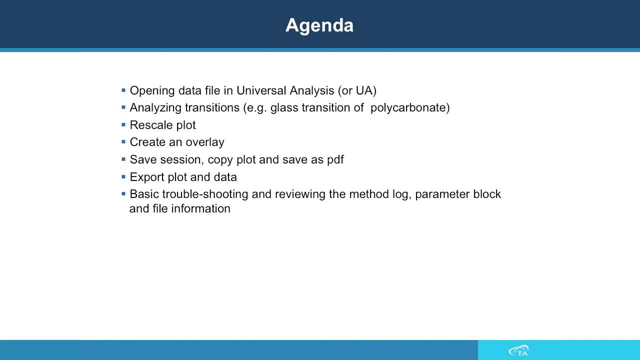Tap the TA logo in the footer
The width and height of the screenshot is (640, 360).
click(x=519, y=350)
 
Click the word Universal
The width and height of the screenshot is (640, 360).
click(x=261, y=90)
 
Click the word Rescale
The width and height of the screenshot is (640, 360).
click(x=151, y=125)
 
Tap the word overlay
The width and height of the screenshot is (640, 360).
click(x=205, y=142)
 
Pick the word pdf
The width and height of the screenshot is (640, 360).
click(x=335, y=159)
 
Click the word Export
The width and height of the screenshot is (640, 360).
click(x=147, y=177)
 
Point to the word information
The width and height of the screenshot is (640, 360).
click(x=201, y=208)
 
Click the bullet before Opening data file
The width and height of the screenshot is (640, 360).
click(x=123, y=90)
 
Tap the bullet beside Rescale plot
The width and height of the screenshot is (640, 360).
click(x=123, y=125)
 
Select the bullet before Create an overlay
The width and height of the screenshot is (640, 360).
click(x=123, y=141)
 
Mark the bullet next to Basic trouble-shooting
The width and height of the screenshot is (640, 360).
click(x=123, y=194)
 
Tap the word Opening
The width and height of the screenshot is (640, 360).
click(x=152, y=91)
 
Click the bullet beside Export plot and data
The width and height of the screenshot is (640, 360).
click(x=123, y=177)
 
